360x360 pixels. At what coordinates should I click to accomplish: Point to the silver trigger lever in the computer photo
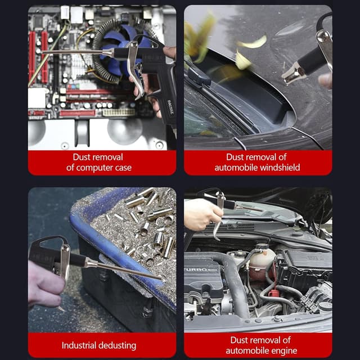(134, 67)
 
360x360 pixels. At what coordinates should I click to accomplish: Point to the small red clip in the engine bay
(273, 294)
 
